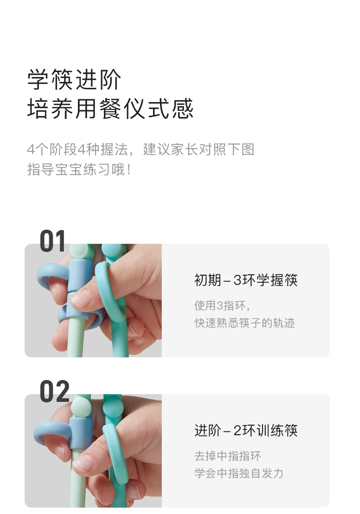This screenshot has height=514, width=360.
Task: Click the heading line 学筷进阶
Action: (x=74, y=80)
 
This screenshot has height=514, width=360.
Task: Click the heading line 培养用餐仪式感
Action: (x=110, y=108)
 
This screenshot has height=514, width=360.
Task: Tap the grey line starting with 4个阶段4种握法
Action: (x=141, y=149)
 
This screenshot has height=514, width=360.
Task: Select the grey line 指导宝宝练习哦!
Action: (x=79, y=170)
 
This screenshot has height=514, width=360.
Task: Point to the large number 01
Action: (x=52, y=241)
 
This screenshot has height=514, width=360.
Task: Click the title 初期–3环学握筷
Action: (x=246, y=280)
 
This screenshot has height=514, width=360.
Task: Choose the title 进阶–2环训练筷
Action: (x=246, y=431)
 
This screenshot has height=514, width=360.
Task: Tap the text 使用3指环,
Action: (x=222, y=305)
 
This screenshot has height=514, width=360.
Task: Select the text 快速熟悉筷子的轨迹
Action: (x=245, y=323)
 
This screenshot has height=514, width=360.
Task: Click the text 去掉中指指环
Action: (x=227, y=456)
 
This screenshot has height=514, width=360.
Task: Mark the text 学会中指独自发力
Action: (x=239, y=473)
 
